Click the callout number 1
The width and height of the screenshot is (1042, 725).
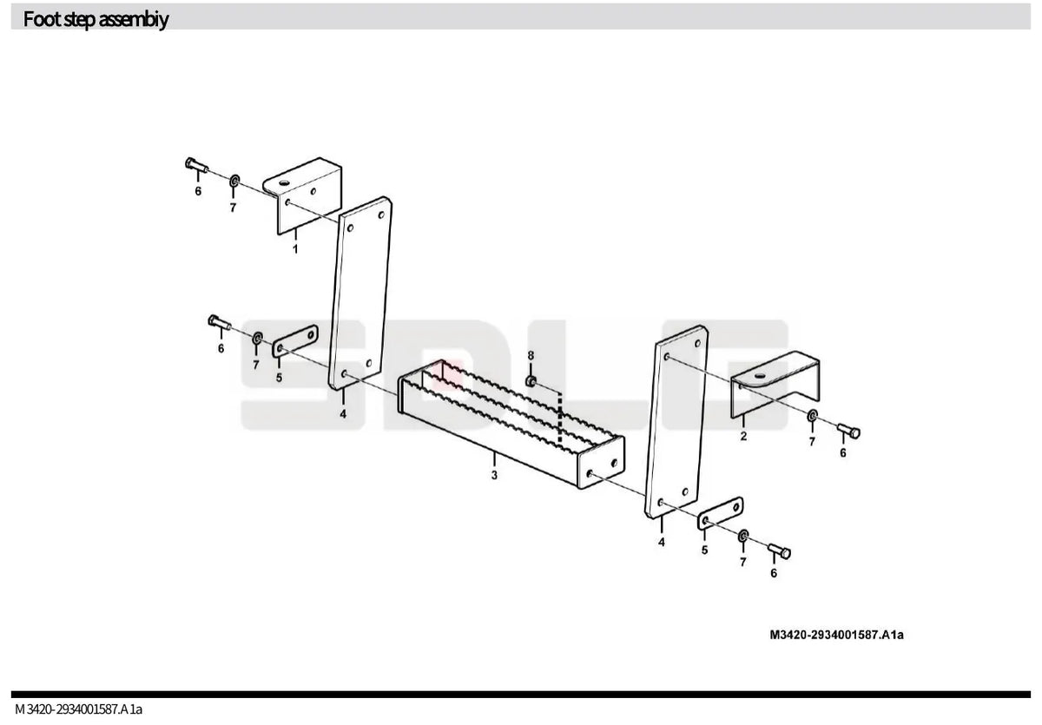295,249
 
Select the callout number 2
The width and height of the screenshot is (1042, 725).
743,436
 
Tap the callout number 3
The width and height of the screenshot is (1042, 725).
494,475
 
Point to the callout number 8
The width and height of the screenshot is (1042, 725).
531,355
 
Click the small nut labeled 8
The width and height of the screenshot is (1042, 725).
531,381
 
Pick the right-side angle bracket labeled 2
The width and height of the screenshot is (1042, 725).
775,384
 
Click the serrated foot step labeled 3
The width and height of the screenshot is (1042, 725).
511,423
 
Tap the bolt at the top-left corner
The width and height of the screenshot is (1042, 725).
197,165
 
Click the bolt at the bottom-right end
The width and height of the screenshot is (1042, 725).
779,551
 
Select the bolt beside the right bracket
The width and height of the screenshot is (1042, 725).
848,432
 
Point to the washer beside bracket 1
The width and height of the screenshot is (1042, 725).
235,181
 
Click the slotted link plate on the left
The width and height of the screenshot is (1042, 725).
295,341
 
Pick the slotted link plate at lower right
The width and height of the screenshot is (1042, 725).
720,513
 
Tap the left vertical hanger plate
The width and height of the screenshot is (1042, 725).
360,293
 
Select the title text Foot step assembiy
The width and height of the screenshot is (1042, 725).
96,19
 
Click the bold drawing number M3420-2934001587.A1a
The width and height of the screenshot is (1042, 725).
836,635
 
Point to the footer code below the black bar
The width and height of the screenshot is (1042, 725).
79,709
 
